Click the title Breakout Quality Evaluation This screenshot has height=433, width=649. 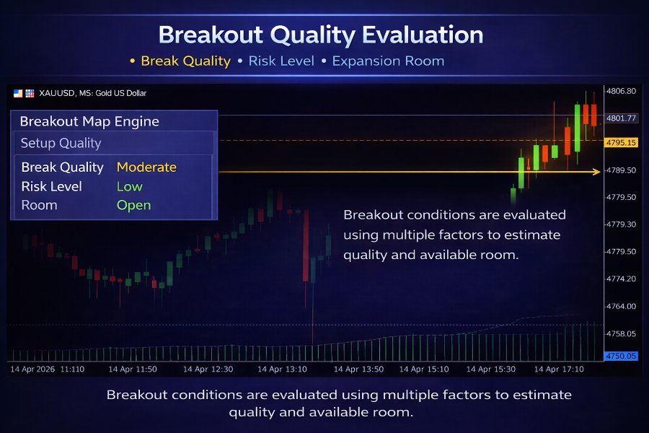pos(321,35)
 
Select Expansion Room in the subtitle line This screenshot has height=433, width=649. pos(388,61)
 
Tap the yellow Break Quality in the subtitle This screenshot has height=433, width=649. pos(185,61)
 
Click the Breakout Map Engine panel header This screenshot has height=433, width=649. pos(89,121)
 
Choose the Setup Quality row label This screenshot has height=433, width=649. pos(61,143)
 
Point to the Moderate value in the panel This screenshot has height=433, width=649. pos(146,167)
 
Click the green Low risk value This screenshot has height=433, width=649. pos(130,186)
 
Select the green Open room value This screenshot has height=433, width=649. pos(133,205)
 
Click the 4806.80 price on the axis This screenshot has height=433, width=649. pos(621,92)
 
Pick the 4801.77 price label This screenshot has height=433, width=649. pos(621,118)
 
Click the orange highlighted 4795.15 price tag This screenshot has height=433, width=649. pos(621,143)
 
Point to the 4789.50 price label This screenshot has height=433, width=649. pos(621,170)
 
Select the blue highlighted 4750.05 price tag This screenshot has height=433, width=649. pos(621,356)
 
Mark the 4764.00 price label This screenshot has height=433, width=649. pos(621,306)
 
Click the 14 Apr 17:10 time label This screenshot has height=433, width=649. pos(559,369)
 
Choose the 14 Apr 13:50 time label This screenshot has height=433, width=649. pos(358,369)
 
